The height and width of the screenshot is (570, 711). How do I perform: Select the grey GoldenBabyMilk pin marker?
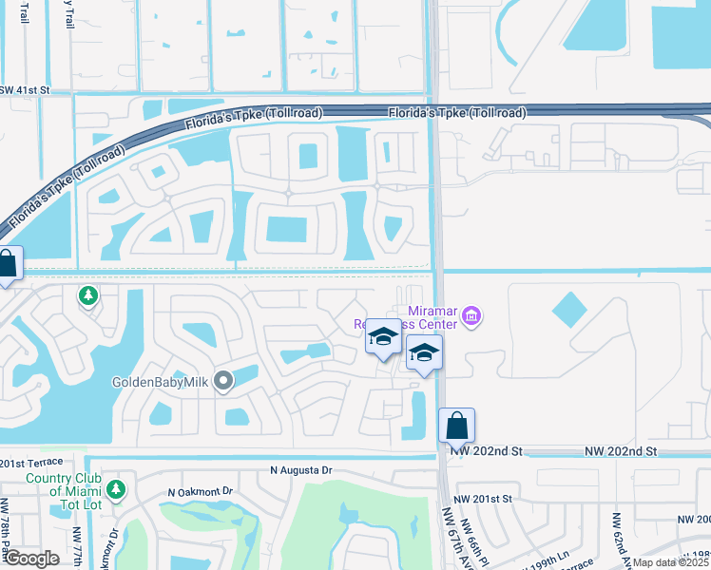(223, 382)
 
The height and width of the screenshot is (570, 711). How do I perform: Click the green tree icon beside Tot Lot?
(116, 489)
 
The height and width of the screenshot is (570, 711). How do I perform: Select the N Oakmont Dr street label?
(200, 492)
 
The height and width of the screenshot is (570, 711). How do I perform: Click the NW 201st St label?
(483, 498)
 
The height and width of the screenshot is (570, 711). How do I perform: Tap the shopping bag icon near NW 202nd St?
(456, 425)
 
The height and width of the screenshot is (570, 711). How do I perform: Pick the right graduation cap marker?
(424, 355)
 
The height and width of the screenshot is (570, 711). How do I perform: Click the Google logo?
(30, 559)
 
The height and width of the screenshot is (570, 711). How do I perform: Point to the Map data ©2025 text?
(670, 562)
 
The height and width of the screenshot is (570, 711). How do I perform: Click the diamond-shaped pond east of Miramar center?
(569, 309)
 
